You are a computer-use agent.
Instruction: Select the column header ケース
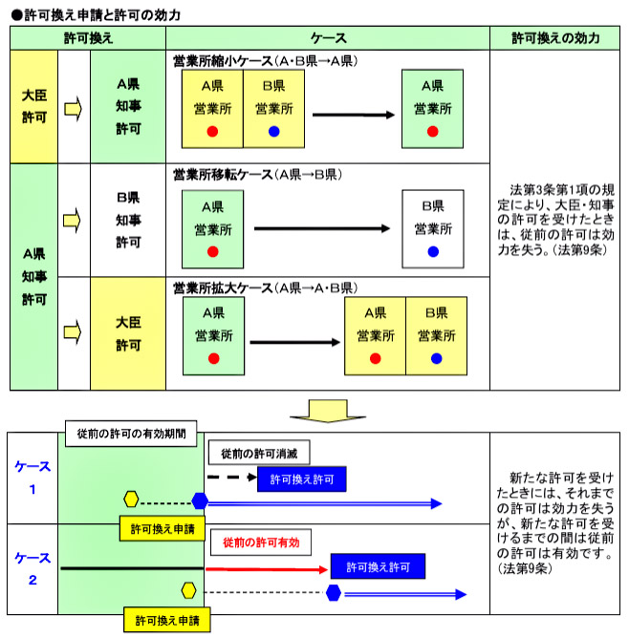coord(328,38)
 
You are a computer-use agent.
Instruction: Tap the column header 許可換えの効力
coord(555,38)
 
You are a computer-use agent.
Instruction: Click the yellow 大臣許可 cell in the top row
coord(33,106)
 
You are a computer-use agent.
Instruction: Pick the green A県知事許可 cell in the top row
coord(127,106)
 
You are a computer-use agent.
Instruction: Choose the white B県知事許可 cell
coord(127,220)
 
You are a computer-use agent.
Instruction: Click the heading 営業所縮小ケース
coord(221,60)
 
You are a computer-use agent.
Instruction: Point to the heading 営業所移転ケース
coord(221,175)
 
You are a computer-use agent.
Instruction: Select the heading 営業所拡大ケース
coord(221,287)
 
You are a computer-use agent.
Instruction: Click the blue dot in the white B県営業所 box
coord(433,252)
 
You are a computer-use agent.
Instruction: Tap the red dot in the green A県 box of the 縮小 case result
coord(433,131)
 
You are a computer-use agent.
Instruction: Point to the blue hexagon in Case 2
coord(334,593)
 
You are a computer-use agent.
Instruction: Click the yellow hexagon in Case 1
coord(133,500)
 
